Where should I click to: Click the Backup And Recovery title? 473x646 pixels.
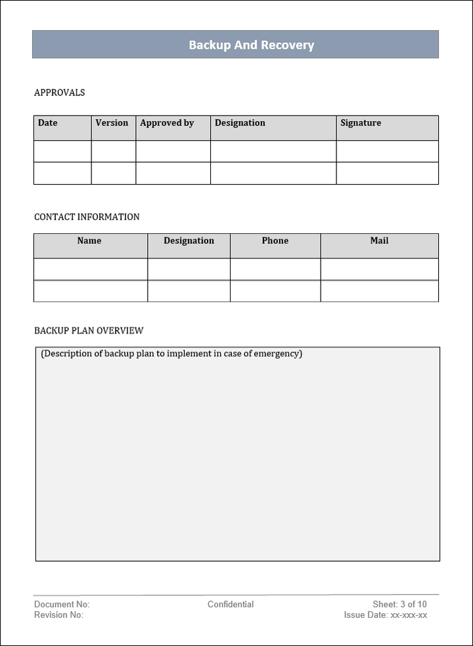[252, 45]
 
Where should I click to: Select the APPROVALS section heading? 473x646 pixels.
[59, 93]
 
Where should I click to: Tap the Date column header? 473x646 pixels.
[48, 123]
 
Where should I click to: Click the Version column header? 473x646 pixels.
[112, 123]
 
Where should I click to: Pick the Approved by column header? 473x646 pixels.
[167, 123]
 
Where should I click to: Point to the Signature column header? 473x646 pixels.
[361, 123]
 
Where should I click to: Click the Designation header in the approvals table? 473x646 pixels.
[240, 123]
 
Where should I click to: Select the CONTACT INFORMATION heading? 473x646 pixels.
[87, 217]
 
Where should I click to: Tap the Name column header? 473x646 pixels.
[89, 241]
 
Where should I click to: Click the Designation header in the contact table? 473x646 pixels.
[189, 241]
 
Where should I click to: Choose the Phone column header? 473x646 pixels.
[275, 241]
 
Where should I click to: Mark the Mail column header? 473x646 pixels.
[379, 241]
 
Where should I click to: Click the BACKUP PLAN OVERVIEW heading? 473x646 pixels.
[89, 331]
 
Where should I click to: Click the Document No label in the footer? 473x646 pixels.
[62, 605]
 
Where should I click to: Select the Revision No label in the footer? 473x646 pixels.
[58, 615]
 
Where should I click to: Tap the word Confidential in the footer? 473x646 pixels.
[231, 605]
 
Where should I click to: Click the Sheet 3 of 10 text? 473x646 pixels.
[399, 605]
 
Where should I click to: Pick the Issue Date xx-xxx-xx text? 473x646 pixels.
[386, 615]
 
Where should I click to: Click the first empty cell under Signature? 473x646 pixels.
[387, 151]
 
